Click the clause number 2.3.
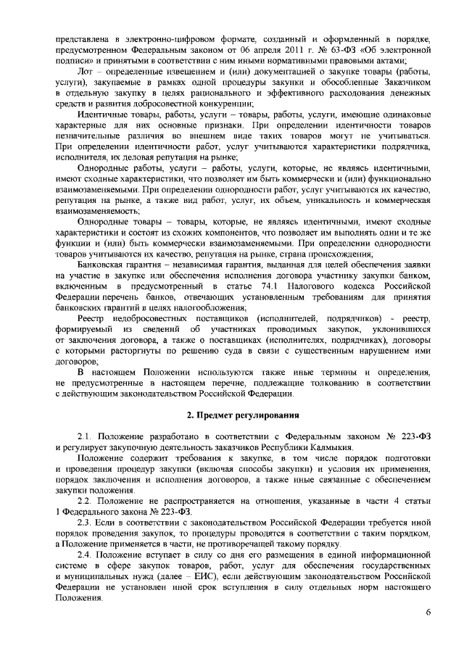coord(86,522)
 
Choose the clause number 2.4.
coord(86,554)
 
